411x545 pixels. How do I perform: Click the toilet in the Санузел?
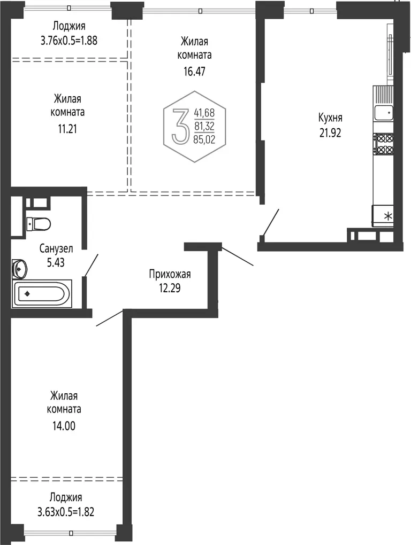(39, 223)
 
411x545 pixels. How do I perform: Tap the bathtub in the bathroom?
(42, 294)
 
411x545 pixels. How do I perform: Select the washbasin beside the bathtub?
(19, 269)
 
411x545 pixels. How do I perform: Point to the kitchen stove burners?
(384, 144)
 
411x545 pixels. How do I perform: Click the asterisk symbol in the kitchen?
(387, 216)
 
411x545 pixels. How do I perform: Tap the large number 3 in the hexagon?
(181, 126)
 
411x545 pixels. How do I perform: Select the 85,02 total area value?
(204, 140)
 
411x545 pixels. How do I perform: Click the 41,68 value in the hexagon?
(204, 113)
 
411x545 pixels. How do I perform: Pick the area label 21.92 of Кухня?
(330, 133)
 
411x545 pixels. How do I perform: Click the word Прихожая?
(170, 274)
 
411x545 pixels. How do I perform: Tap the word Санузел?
(56, 248)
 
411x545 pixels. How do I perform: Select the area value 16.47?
(195, 72)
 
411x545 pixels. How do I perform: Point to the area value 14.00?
(64, 426)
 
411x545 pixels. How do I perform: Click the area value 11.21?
(67, 129)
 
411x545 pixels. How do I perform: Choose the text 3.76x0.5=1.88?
(69, 41)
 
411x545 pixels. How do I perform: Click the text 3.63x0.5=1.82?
(66, 512)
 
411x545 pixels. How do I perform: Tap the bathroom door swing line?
(91, 265)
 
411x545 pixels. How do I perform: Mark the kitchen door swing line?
(271, 222)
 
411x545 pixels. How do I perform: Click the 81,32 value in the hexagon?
(204, 126)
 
